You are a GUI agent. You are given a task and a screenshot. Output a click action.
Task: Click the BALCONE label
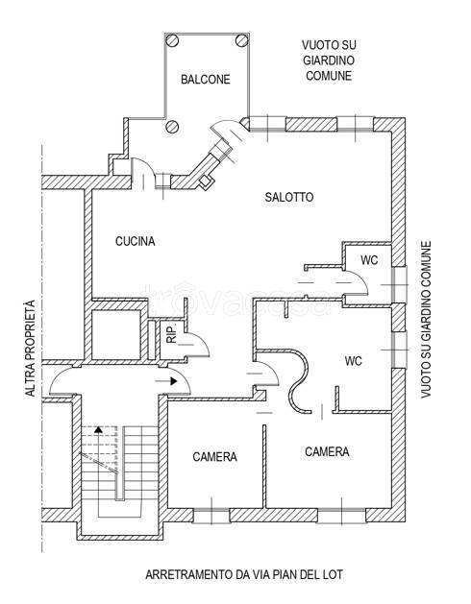coord(205,80)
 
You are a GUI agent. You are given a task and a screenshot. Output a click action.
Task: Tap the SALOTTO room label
coord(289,197)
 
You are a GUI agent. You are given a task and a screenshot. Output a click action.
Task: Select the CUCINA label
coord(135,241)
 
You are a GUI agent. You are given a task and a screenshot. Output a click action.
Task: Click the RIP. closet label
coord(171,333)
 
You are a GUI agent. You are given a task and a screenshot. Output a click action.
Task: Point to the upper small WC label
coord(369,260)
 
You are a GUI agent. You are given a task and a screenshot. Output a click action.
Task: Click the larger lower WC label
coord(354,361)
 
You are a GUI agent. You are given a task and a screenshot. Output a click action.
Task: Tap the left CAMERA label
coord(215,456)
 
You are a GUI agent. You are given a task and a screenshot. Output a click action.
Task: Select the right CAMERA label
coord(327,451)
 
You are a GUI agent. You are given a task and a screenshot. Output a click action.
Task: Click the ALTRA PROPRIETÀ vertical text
coord(30,349)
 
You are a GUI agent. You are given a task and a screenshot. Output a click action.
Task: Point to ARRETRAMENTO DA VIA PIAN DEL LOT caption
coord(244,575)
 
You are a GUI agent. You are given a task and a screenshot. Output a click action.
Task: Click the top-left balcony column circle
coord(172,40)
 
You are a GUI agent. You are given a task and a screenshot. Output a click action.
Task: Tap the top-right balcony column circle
coord(241,40)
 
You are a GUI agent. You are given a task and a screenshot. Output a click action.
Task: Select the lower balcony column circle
coord(172,126)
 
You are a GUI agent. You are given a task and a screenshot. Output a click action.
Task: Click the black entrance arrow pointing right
coord(166,381)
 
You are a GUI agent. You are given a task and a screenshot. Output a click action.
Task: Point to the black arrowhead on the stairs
coord(99,428)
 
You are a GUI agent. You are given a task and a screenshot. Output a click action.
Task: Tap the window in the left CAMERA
coord(211,516)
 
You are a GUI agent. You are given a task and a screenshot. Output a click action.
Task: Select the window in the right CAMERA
coord(342,516)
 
